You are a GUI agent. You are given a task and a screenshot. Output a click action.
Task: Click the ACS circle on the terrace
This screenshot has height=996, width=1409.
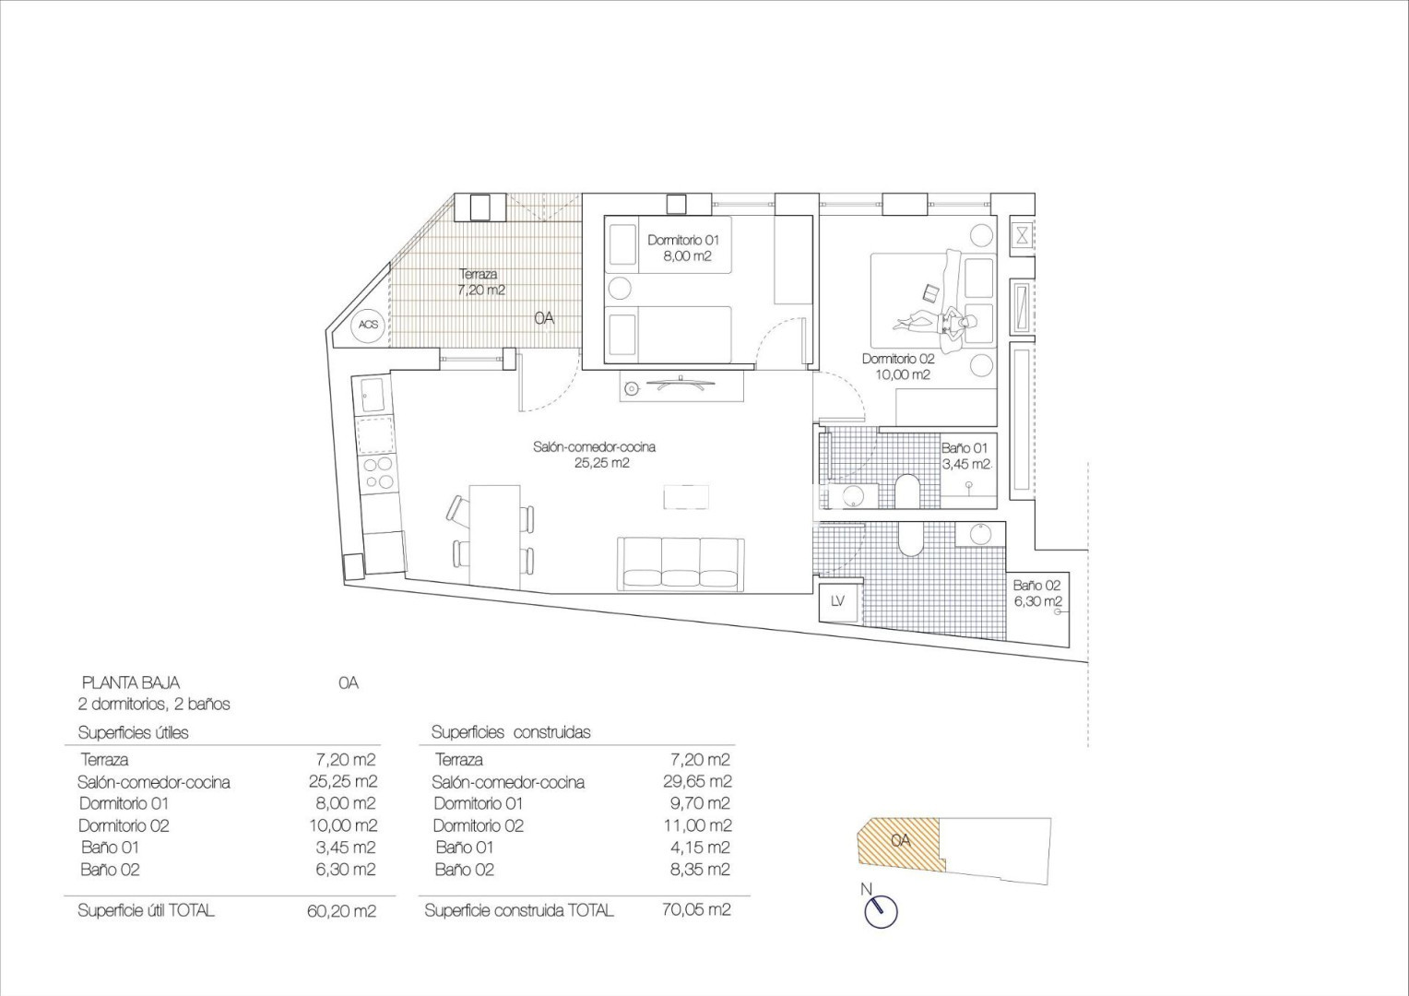tap(369, 325)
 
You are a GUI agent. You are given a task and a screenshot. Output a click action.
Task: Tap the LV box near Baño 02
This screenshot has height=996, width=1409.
tap(837, 601)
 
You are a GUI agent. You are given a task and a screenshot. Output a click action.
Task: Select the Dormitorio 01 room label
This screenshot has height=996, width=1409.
tap(683, 248)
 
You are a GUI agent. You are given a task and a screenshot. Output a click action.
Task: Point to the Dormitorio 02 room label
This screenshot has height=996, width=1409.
tap(898, 367)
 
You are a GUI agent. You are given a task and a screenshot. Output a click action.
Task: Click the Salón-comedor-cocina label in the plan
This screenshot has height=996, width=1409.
tap(595, 455)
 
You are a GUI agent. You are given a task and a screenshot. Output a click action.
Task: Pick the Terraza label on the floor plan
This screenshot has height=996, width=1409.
tap(481, 282)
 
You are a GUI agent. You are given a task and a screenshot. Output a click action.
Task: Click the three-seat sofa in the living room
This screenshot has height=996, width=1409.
tap(681, 563)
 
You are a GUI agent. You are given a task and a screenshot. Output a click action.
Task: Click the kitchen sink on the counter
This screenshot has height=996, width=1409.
tap(373, 395)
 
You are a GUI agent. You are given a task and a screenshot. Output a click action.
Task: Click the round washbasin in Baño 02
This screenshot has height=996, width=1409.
tap(980, 534)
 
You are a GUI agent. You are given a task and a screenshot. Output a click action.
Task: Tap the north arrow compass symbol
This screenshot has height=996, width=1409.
tap(881, 911)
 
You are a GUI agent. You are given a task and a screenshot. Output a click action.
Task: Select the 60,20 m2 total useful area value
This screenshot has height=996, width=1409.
tap(341, 910)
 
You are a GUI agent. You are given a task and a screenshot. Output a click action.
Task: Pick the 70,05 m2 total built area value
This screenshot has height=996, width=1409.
tap(696, 910)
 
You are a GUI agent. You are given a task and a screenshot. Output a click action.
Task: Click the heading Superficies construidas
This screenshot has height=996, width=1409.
tap(511, 732)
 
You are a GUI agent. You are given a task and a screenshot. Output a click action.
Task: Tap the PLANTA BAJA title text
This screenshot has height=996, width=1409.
tap(131, 682)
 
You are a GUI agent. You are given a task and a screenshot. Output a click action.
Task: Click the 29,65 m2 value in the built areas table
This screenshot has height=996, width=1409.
tap(697, 781)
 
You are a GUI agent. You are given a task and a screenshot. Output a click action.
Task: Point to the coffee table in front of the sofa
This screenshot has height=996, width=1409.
tap(686, 497)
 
